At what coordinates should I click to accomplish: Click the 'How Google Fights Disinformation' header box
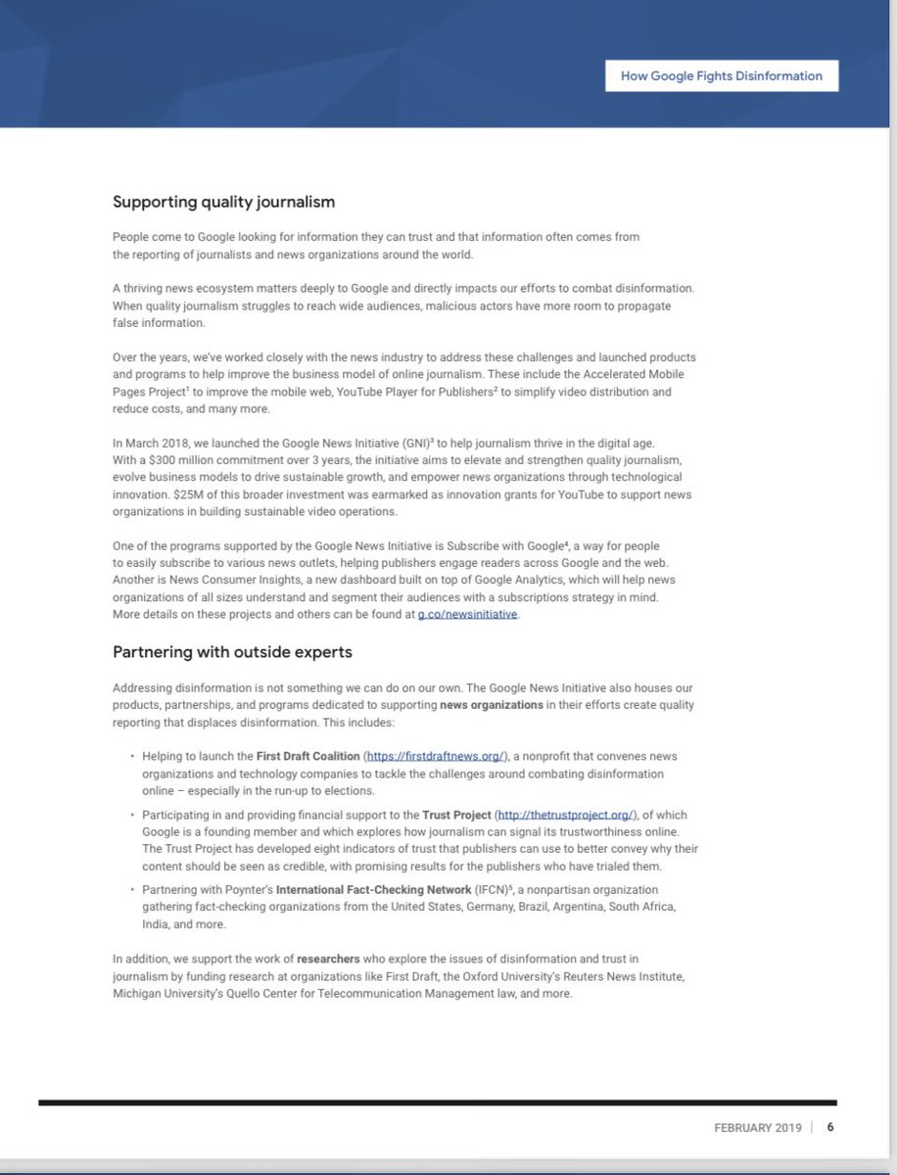pyautogui.click(x=721, y=75)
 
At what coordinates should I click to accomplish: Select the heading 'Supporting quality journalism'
pyautogui.click(x=223, y=202)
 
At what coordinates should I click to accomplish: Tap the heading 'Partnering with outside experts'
pyautogui.click(x=232, y=651)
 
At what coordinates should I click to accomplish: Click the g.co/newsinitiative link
pyautogui.click(x=467, y=614)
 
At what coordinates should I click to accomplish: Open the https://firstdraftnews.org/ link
pyautogui.click(x=436, y=756)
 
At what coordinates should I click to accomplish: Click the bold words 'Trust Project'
pyautogui.click(x=457, y=814)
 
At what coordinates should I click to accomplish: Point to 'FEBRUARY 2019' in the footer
pyautogui.click(x=757, y=1127)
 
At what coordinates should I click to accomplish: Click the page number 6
pyautogui.click(x=830, y=1127)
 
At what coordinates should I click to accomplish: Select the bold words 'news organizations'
pyautogui.click(x=491, y=704)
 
